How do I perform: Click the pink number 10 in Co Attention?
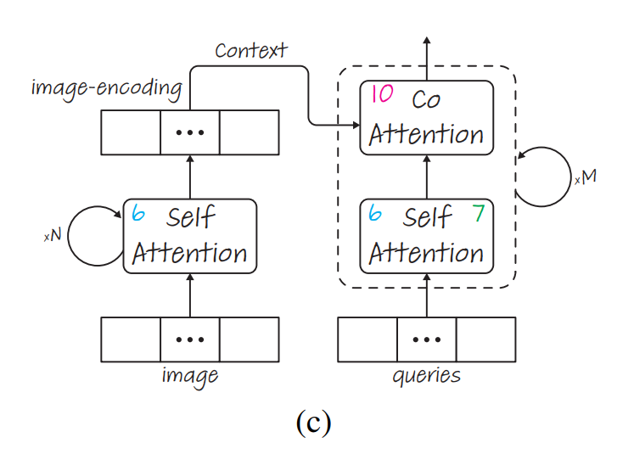tap(383, 94)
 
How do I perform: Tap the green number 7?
tap(479, 213)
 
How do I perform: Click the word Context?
tap(252, 50)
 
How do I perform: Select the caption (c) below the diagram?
tap(313, 423)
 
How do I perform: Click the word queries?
tap(426, 375)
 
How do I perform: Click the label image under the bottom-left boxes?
tap(190, 375)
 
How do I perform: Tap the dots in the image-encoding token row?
tap(190, 132)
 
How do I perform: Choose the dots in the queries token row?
tap(426, 339)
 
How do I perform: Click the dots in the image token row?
tap(190, 339)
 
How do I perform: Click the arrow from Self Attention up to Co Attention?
tap(427, 177)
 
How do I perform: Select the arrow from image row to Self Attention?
tap(190, 295)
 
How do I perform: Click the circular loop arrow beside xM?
tap(542, 177)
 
